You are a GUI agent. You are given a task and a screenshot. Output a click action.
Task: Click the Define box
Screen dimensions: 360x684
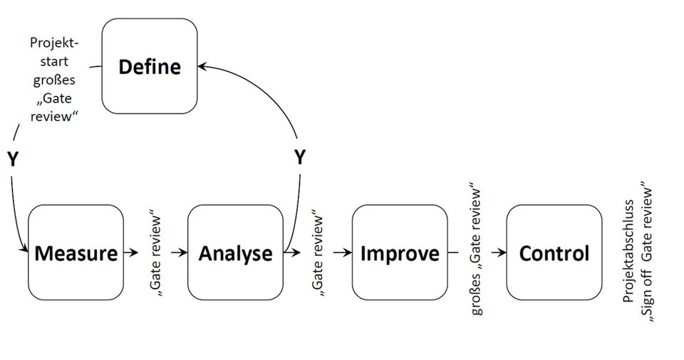[150, 67]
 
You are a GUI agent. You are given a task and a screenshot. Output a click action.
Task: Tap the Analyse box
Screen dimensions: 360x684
[235, 253]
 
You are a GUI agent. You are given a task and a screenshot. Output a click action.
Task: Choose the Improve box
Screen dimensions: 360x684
[399, 253]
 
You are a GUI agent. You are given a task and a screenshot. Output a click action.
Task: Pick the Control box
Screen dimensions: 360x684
[554, 253]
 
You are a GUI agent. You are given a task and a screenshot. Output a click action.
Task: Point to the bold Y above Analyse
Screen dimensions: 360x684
[300, 158]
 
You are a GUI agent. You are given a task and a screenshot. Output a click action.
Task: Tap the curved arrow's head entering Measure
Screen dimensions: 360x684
[24, 250]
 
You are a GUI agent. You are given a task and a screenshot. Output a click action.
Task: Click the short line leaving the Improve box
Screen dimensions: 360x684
[453, 252]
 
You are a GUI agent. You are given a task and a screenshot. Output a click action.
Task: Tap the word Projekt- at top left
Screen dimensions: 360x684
[49, 43]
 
